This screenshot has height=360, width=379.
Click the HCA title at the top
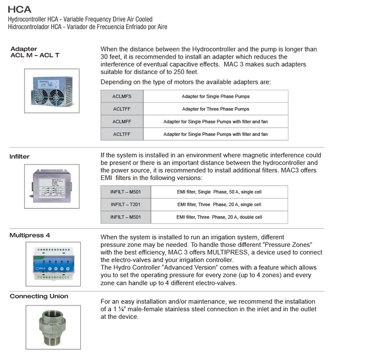pos(19,9)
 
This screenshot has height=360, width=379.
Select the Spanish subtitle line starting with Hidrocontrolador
pos(87,27)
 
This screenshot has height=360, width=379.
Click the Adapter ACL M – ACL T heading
pos(35,52)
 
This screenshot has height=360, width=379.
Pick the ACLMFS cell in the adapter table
pos(122,96)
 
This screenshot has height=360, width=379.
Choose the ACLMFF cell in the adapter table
pos(122,121)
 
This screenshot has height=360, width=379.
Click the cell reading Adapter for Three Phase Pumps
pos(215,109)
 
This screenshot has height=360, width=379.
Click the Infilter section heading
pos(20,156)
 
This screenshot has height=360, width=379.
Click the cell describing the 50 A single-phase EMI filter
pos(219,192)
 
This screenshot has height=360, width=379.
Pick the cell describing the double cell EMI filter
pos(219,217)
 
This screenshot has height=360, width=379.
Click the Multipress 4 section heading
pos(30,235)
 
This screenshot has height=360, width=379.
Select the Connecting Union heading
pos(39,296)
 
